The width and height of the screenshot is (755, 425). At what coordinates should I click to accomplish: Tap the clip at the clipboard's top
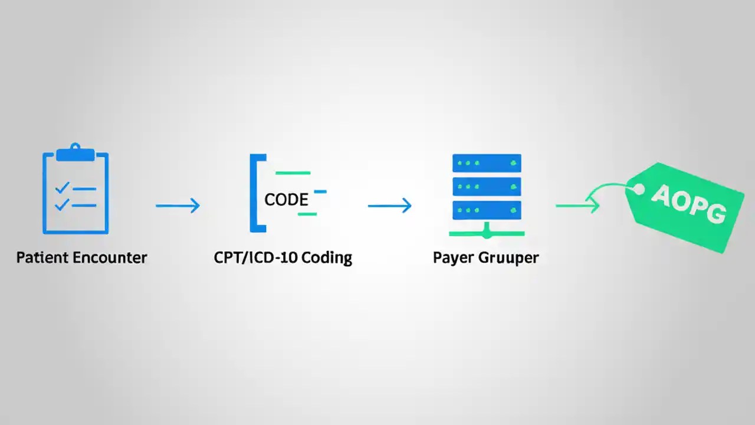75,153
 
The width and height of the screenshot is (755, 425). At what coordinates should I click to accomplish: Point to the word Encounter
110,258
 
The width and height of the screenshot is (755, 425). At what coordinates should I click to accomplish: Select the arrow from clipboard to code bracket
178,205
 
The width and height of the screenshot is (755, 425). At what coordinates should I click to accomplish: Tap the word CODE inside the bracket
286,200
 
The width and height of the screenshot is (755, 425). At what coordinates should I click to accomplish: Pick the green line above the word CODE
293,173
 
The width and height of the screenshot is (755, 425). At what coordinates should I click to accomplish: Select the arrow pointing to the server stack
389,205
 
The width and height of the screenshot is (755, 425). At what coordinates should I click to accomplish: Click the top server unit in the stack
487,163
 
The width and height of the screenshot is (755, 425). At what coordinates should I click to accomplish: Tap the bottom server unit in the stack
487,210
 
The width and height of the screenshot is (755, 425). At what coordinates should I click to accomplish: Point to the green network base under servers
487,234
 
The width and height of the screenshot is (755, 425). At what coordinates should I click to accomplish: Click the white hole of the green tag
638,189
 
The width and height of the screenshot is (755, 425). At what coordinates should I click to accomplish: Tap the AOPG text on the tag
688,204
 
